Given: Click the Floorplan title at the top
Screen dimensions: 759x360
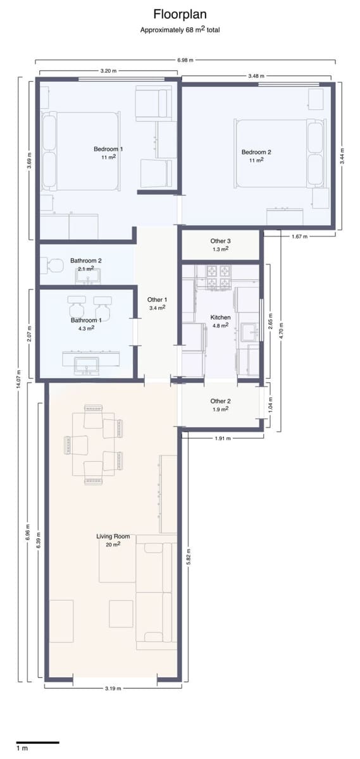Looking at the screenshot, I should [x=180, y=15].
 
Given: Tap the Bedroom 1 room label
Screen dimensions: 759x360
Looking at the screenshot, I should [x=108, y=149].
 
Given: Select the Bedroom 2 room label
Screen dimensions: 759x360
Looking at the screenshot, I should [x=256, y=152].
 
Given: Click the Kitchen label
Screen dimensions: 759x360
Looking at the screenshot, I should [x=220, y=317].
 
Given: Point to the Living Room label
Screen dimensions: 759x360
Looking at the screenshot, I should [x=113, y=536].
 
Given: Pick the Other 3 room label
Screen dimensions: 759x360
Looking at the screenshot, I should [x=220, y=241].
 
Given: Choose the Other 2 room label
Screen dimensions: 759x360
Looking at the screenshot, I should [x=220, y=401].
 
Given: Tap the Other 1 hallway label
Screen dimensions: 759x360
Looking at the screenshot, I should [x=157, y=300].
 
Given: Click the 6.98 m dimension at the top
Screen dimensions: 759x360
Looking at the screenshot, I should [x=185, y=61].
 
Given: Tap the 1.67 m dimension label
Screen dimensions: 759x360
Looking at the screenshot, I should [x=299, y=237].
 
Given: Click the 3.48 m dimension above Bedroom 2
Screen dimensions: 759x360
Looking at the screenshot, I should [x=256, y=76].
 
